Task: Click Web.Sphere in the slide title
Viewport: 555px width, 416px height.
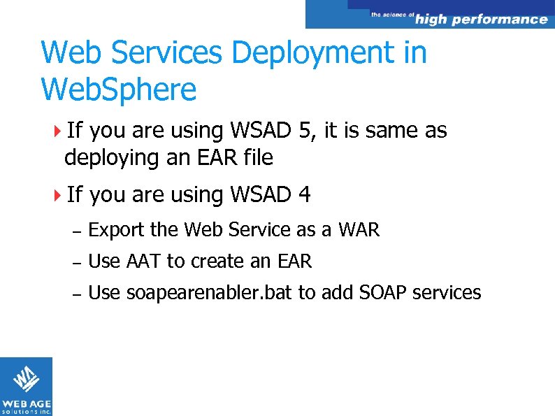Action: [119, 90]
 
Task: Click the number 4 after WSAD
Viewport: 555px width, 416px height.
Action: [304, 194]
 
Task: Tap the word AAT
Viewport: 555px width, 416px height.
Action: [144, 261]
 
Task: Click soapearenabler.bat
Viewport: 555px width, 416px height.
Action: [210, 293]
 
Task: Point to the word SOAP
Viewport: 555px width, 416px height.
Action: [383, 292]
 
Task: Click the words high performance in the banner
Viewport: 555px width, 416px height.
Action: [481, 20]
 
